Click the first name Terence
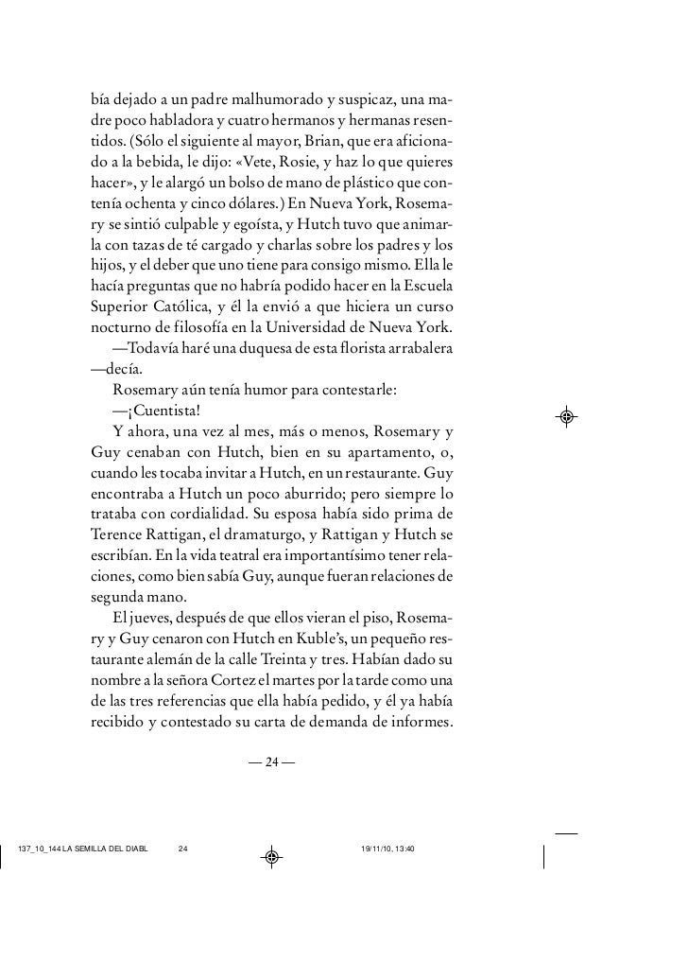[x=119, y=534]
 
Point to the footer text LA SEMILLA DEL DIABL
[x=106, y=848]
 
